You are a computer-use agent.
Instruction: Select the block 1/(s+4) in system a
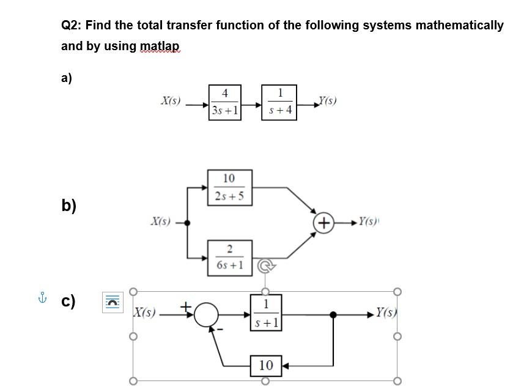[280, 102]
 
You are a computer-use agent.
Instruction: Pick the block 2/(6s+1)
[229, 258]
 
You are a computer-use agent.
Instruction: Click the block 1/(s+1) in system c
[265, 313]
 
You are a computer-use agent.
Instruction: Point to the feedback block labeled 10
[266, 365]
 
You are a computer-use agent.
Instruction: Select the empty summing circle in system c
[207, 314]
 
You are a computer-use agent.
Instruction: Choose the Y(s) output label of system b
[368, 221]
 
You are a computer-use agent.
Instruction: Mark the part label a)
[67, 78]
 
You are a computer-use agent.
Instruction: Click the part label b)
[68, 204]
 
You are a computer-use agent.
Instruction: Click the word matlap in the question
[160, 46]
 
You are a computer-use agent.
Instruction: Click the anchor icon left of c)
[42, 299]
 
